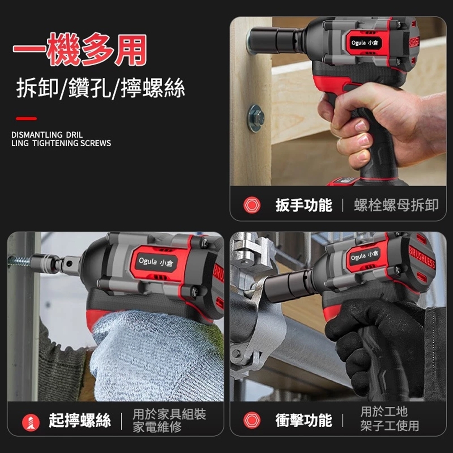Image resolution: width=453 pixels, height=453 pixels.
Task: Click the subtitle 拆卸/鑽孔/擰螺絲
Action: point(100,88)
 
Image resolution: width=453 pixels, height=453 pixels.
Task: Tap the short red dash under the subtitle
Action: point(26,119)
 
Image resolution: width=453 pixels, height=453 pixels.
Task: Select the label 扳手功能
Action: point(304,205)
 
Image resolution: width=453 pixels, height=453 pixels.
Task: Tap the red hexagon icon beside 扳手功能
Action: point(252,205)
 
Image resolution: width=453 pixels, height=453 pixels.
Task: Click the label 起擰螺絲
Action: point(80,421)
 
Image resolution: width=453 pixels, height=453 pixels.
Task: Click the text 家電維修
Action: point(157,427)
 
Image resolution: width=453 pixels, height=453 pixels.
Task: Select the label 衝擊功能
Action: point(304,420)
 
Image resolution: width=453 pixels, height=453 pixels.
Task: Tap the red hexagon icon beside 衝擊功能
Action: point(252,420)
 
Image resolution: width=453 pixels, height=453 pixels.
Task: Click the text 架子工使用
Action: point(390,426)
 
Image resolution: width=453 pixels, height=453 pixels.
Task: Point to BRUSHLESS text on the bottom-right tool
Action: point(422,258)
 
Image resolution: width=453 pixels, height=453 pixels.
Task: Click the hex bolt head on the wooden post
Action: point(256,118)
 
